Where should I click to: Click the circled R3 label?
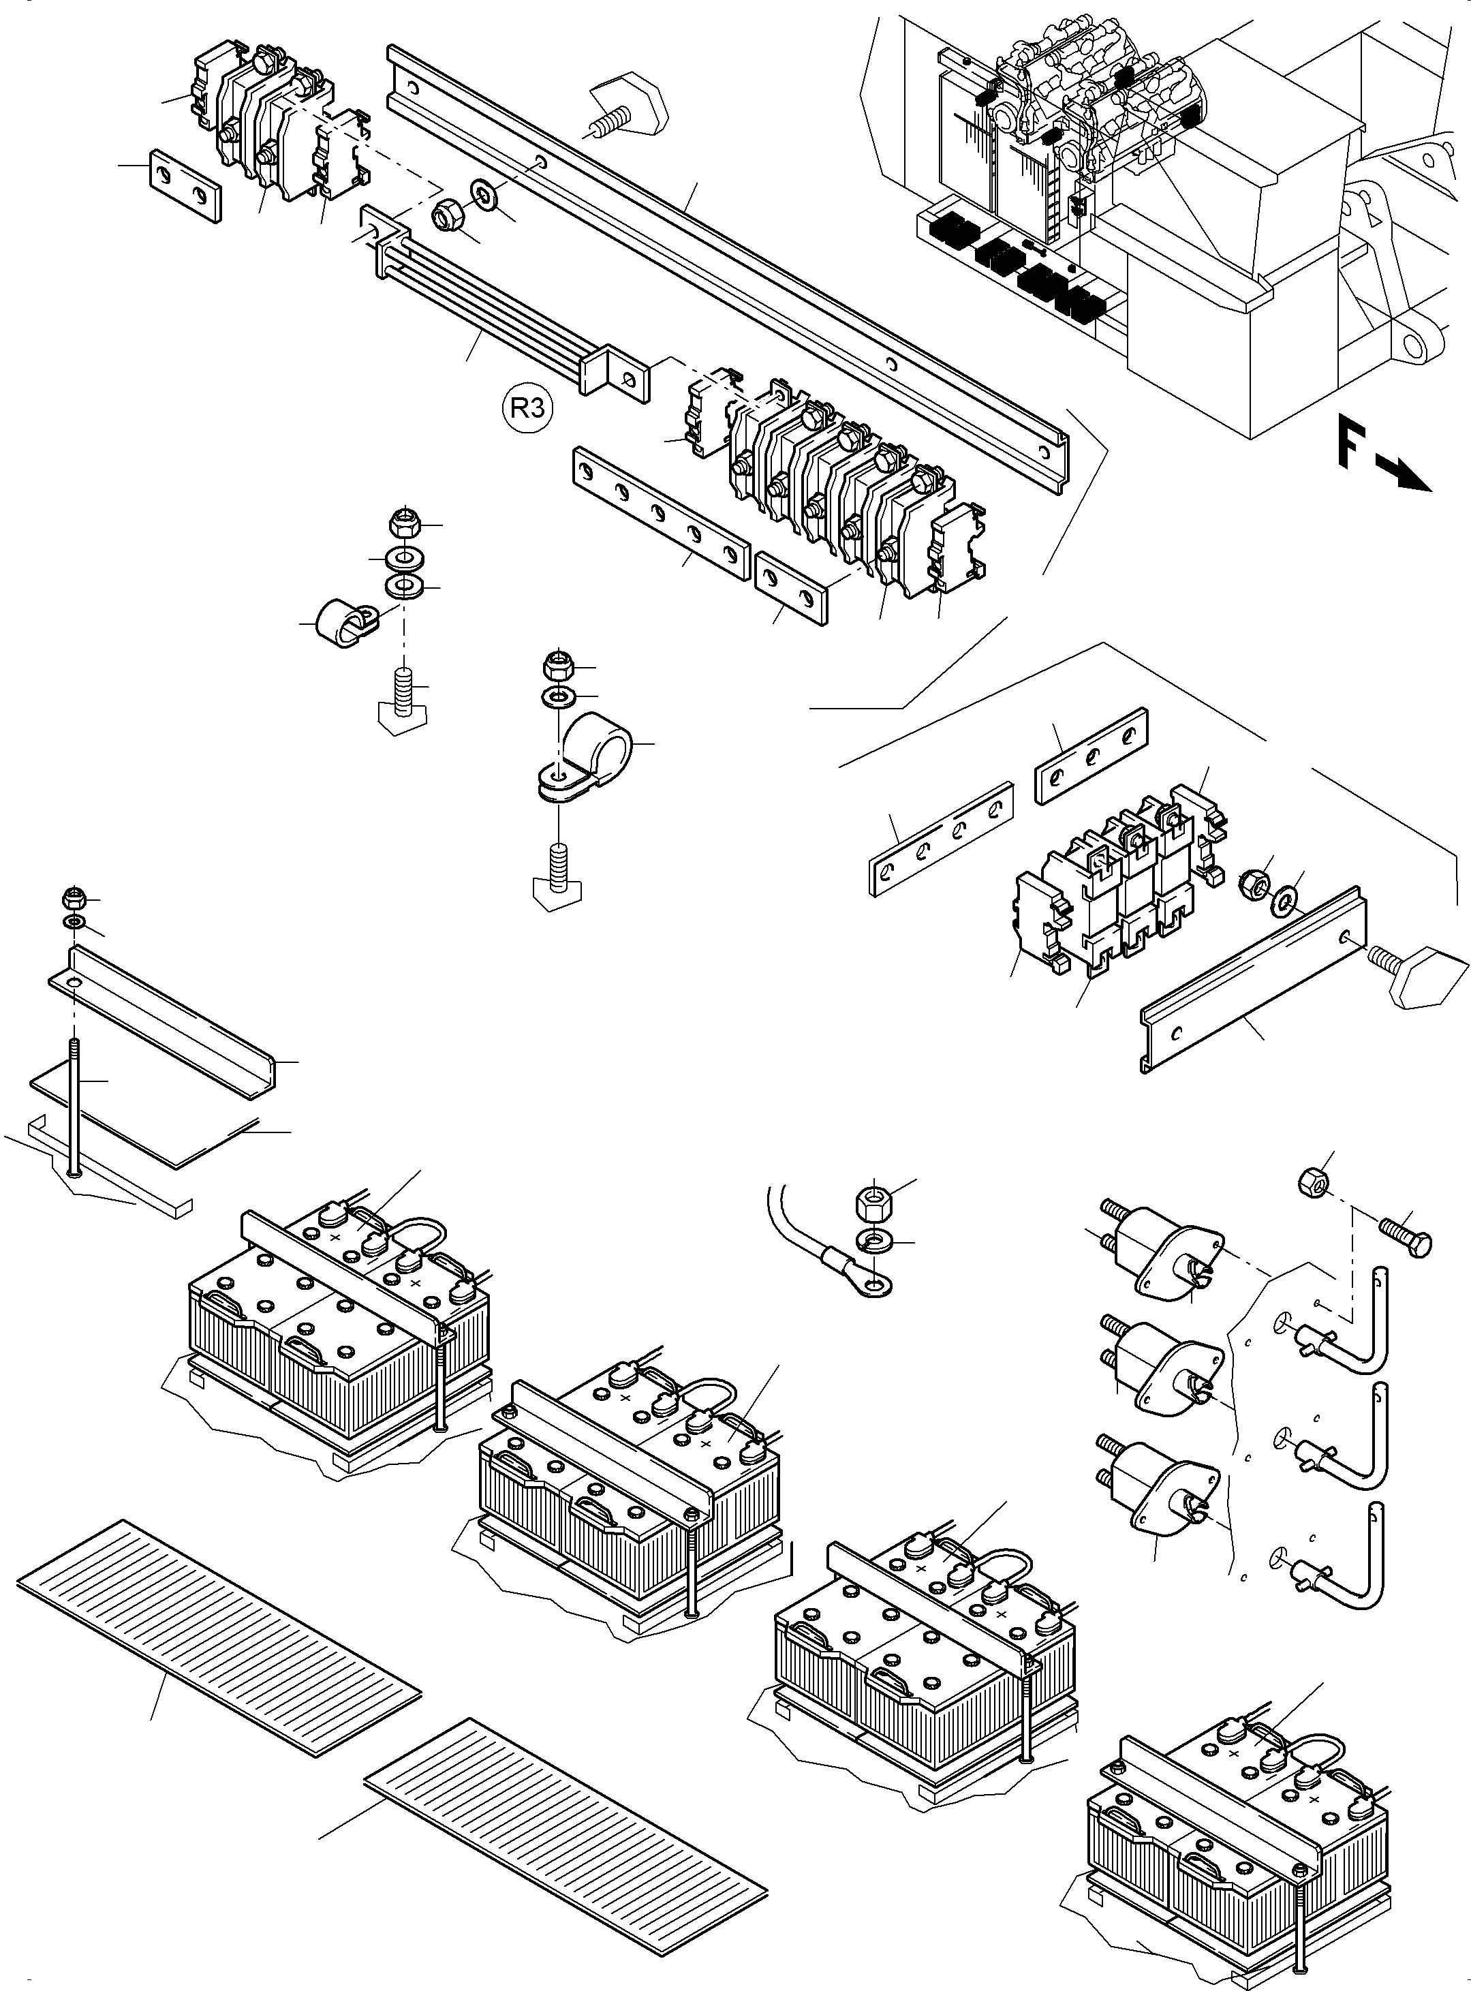click(527, 409)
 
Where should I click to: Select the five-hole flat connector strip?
click(660, 513)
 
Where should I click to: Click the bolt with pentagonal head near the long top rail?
click(624, 110)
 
